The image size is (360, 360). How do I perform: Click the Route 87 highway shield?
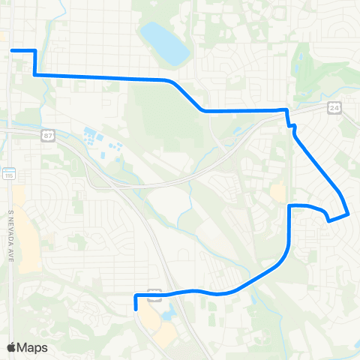click(48, 134)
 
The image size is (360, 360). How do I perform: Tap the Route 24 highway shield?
click(334, 108)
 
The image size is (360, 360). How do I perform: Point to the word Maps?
click(34, 347)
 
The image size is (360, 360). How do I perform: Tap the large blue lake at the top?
click(166, 43)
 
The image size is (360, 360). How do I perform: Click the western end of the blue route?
click(12, 50)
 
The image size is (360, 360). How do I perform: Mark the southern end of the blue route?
click(136, 307)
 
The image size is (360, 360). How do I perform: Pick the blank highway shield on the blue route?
click(154, 295)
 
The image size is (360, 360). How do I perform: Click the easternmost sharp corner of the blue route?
click(349, 214)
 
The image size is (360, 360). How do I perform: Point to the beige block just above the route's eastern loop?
click(278, 193)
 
